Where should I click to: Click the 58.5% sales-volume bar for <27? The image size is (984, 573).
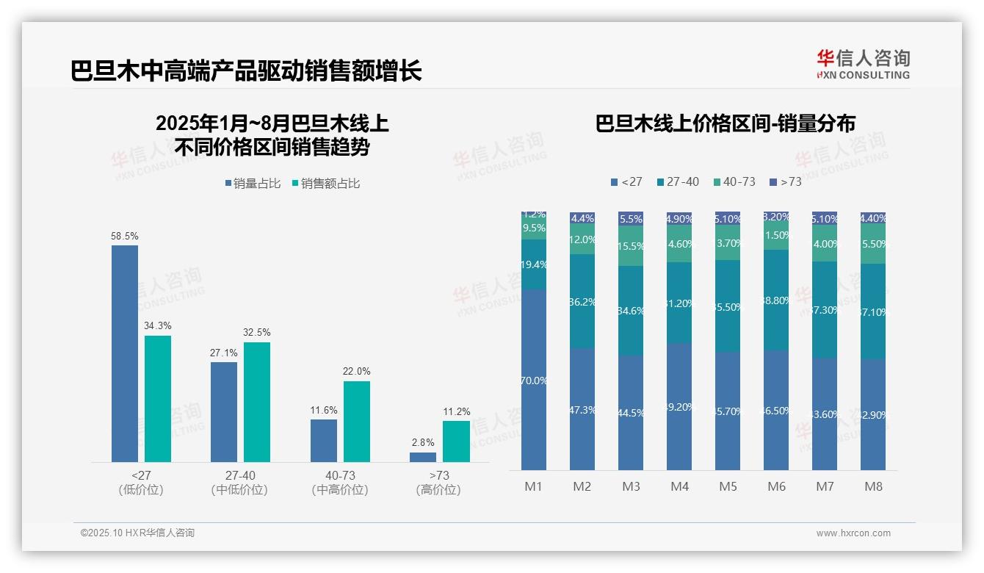(x=125, y=353)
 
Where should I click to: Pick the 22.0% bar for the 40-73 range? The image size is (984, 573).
(x=357, y=422)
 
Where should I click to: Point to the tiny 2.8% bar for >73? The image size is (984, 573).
(x=423, y=457)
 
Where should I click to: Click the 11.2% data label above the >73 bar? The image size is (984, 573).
(x=456, y=412)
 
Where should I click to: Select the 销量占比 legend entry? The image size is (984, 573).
(x=253, y=184)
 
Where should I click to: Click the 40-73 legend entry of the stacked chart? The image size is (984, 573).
(x=734, y=181)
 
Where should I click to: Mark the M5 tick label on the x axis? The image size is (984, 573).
(x=728, y=486)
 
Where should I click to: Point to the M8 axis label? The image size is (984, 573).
(x=873, y=486)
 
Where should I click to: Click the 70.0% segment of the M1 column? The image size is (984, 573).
(x=534, y=380)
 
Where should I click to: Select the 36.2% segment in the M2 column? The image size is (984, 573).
(x=582, y=301)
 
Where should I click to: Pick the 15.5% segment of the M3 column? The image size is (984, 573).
(x=631, y=246)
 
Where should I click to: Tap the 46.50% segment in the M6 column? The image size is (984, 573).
(x=776, y=410)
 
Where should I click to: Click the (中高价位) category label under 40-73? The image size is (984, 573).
(x=340, y=490)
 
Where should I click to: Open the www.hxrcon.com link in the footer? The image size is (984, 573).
(x=853, y=533)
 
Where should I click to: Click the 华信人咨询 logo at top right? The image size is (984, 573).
(x=863, y=64)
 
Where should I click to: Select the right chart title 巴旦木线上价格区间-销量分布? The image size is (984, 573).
(x=725, y=123)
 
